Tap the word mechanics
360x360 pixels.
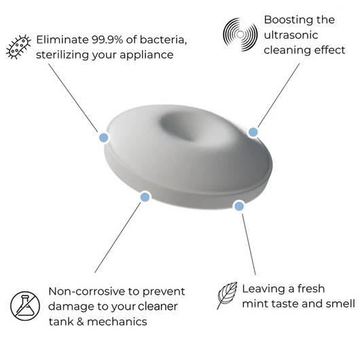119,321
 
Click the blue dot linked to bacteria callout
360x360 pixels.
103,137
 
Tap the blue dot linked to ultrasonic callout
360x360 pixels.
253,132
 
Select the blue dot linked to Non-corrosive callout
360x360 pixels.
144,197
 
